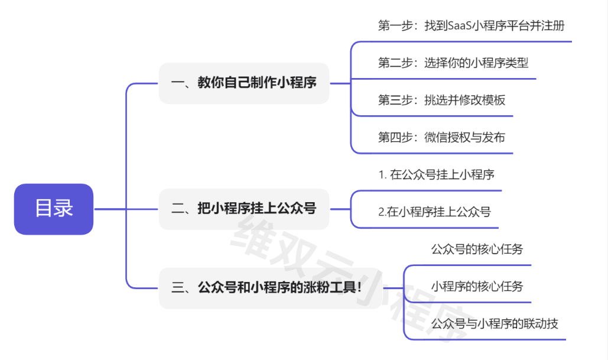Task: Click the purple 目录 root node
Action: (x=54, y=209)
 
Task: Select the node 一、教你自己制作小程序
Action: (x=243, y=83)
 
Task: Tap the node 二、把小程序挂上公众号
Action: (x=243, y=209)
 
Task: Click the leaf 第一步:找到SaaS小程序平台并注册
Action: (x=471, y=26)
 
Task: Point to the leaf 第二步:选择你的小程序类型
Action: (x=453, y=63)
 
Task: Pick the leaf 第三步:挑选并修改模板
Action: (x=441, y=100)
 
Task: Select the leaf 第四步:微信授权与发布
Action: (x=441, y=137)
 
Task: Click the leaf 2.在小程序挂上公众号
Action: (x=434, y=212)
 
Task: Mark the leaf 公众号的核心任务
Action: (x=477, y=249)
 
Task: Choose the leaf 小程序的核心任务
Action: (x=477, y=287)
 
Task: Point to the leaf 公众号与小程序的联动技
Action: (x=495, y=324)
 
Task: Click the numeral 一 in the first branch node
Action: (x=177, y=83)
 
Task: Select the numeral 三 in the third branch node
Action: (x=177, y=288)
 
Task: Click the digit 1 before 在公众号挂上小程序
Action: (x=381, y=175)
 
